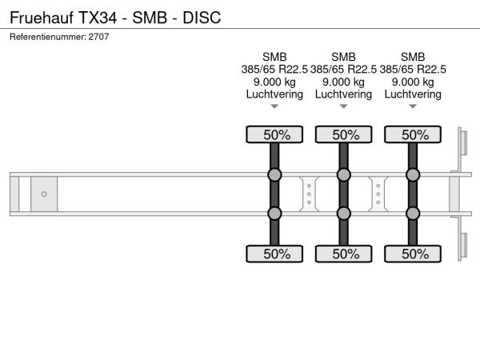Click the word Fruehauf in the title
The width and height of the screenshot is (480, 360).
[x=42, y=17]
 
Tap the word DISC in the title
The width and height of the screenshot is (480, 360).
[x=202, y=18]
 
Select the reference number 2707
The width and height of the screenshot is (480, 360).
[x=98, y=37]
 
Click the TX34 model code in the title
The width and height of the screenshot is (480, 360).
[x=98, y=18]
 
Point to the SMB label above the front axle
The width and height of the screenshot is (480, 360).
[x=274, y=57]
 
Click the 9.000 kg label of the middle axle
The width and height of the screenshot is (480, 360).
[x=343, y=82]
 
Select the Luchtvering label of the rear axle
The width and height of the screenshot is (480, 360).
[x=413, y=94]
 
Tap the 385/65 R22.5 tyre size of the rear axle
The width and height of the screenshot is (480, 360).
[x=413, y=70]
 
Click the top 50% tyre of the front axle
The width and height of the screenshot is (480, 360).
[x=274, y=134]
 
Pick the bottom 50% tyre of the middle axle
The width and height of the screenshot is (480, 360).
[x=343, y=254]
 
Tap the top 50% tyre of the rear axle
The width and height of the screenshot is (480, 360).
[x=413, y=134]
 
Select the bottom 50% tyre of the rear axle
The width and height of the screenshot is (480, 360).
[x=413, y=254]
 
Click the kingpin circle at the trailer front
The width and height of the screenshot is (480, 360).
[x=44, y=194]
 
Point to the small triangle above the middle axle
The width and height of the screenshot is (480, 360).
[x=343, y=106]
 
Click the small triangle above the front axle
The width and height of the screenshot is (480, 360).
[x=274, y=106]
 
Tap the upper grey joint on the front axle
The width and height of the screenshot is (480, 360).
[x=274, y=174]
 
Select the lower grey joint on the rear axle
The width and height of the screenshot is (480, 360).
[x=413, y=214]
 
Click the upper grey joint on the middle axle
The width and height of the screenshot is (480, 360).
[x=343, y=174]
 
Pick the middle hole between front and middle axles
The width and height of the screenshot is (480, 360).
[x=309, y=194]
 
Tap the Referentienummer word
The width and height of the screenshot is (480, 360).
[x=48, y=37]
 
